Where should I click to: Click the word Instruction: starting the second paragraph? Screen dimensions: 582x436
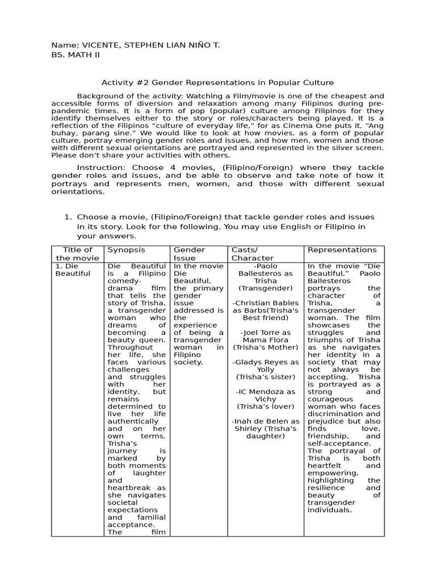[x=102, y=168]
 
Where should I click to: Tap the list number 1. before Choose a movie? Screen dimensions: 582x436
[x=68, y=217]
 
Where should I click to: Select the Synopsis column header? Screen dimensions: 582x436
[x=126, y=250]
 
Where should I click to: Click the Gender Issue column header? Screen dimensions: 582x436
[x=189, y=254]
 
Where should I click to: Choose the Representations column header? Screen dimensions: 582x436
[x=342, y=250]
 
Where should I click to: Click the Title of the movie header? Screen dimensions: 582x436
[x=78, y=254]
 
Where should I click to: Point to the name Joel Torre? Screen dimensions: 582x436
[x=269, y=332]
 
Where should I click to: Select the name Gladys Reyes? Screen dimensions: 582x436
[x=269, y=362]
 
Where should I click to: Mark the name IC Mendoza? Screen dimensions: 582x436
[x=269, y=392]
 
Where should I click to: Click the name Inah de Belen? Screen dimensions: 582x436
[x=265, y=421]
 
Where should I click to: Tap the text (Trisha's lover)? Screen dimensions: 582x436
[x=266, y=406]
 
